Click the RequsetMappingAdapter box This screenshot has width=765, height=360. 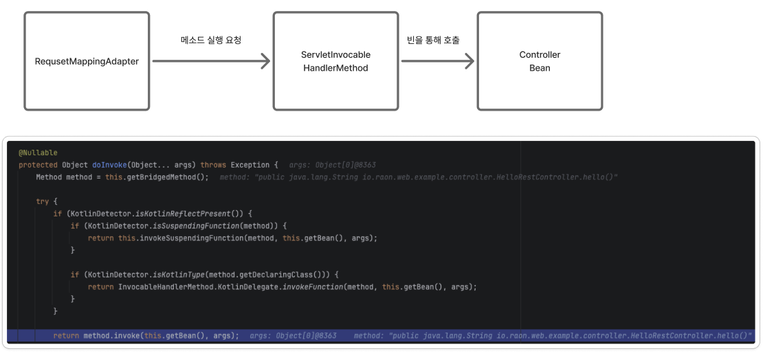click(x=87, y=61)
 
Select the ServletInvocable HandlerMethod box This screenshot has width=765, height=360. click(x=335, y=61)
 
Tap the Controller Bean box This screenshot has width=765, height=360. click(x=540, y=61)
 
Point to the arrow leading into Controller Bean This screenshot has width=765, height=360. click(x=438, y=61)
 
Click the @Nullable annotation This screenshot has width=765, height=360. click(x=38, y=153)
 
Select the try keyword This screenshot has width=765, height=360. click(x=43, y=201)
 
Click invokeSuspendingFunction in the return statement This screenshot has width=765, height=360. click(x=188, y=238)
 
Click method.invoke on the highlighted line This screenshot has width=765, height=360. click(x=105, y=335)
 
